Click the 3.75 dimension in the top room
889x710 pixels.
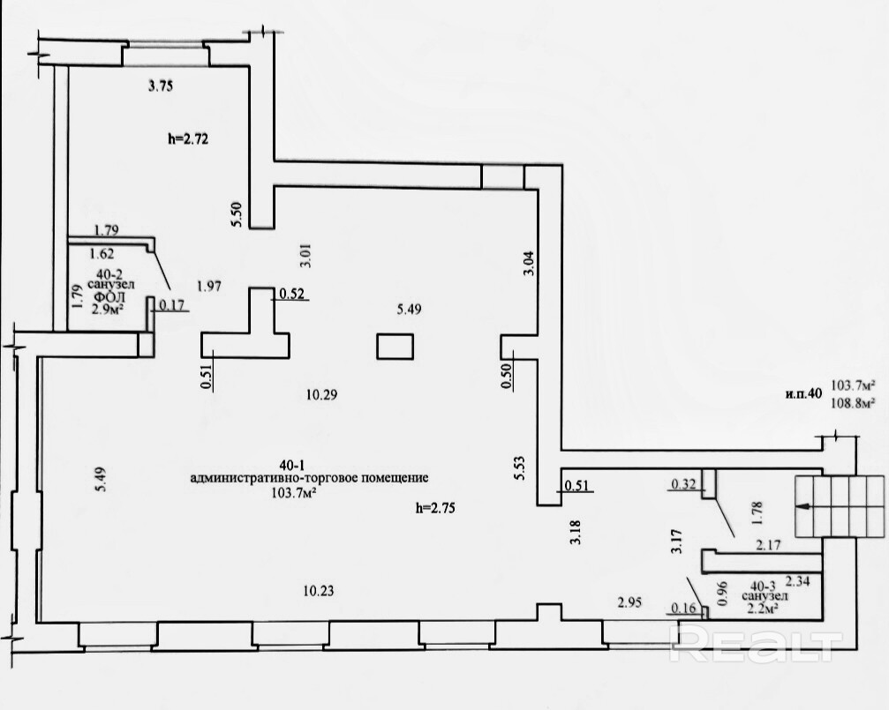click(x=161, y=86)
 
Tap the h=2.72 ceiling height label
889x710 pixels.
click(x=188, y=138)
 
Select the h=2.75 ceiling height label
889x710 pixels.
click(x=435, y=508)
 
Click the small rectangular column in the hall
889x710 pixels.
click(x=396, y=347)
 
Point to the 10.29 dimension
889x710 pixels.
click(x=321, y=394)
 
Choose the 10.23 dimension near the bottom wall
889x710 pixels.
click(x=319, y=591)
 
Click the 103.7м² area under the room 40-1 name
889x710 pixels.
click(x=294, y=492)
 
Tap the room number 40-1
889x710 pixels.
click(x=293, y=465)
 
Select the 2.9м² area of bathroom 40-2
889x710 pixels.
click(x=109, y=309)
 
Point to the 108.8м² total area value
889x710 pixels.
click(x=852, y=403)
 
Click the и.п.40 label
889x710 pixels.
click(x=803, y=394)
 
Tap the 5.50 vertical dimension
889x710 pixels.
click(x=237, y=214)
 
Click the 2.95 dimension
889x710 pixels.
click(x=630, y=602)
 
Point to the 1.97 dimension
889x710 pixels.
click(x=208, y=286)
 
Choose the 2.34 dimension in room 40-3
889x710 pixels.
click(x=797, y=581)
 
